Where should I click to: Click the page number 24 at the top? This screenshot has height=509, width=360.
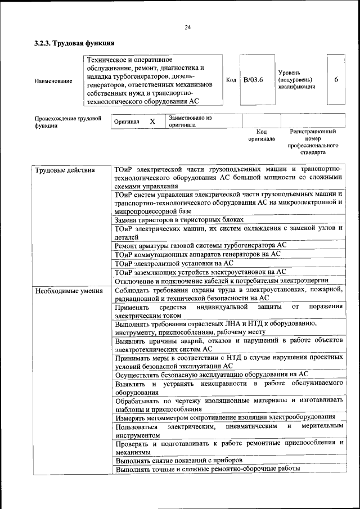[x=187, y=27]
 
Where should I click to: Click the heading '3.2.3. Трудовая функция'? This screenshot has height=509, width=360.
[x=74, y=43]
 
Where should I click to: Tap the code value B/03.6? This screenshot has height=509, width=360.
[x=253, y=80]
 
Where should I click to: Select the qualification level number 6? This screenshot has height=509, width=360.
[x=336, y=79]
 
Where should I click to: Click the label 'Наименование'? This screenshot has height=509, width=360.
[x=53, y=81]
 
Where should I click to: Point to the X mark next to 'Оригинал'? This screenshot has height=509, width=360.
[x=152, y=121]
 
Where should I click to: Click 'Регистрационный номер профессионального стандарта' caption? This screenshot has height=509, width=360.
[x=313, y=142]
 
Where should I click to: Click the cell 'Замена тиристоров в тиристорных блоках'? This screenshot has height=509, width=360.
[x=179, y=219]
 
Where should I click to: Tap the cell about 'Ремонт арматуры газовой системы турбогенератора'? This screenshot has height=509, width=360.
[x=201, y=245]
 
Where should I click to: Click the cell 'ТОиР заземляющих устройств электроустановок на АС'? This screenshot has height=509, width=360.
[x=200, y=272]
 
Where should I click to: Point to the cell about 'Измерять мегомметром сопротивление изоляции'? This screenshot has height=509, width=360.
[x=225, y=417]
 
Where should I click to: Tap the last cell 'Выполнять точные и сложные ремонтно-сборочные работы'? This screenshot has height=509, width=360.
[x=207, y=469]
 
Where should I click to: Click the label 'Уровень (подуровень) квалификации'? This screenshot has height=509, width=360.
[x=296, y=80]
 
